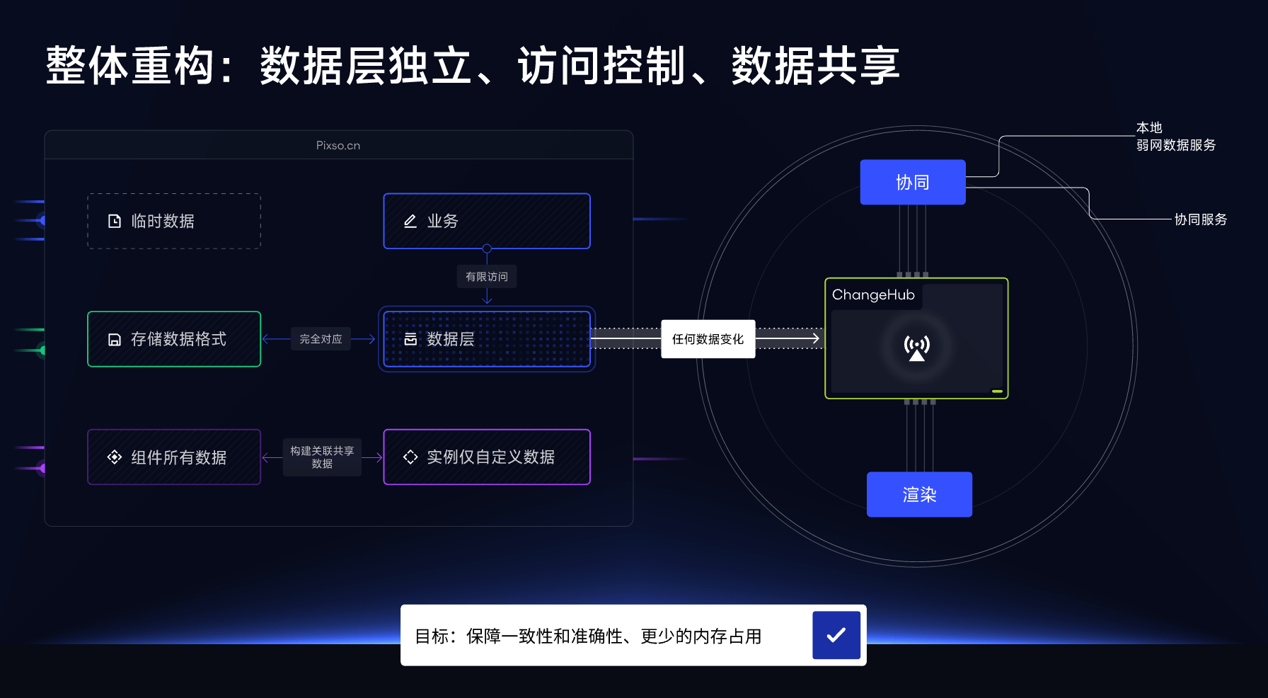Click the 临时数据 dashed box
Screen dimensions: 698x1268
pyautogui.click(x=174, y=221)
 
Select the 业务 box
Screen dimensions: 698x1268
pyautogui.click(x=487, y=221)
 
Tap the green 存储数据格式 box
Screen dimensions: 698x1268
pyautogui.click(x=174, y=339)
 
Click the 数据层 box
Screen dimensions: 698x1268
pyautogui.click(x=487, y=339)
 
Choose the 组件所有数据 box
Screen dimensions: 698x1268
pyautogui.click(x=174, y=457)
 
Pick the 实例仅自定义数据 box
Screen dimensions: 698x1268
pyautogui.click(x=487, y=457)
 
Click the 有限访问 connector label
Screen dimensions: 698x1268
pyautogui.click(x=487, y=277)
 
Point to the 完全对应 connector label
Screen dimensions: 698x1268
pyautogui.click(x=321, y=339)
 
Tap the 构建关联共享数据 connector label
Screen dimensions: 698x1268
pyautogui.click(x=322, y=457)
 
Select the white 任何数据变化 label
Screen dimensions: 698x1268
pyautogui.click(x=708, y=339)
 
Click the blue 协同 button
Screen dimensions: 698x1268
pyautogui.click(x=913, y=183)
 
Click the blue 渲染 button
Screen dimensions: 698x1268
pyautogui.click(x=919, y=494)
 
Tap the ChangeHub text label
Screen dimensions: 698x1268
pyautogui.click(x=873, y=294)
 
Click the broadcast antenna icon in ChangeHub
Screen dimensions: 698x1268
pyautogui.click(x=916, y=348)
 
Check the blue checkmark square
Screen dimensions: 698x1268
pyautogui.click(x=836, y=635)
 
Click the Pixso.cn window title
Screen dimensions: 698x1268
pyautogui.click(x=338, y=145)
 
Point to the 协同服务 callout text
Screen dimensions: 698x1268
pyautogui.click(x=1200, y=219)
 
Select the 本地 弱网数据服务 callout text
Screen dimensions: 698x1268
pyautogui.click(x=1175, y=137)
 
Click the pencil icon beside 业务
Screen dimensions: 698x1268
pyautogui.click(x=410, y=222)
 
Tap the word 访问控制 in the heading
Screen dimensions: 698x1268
pyautogui.click(x=601, y=66)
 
